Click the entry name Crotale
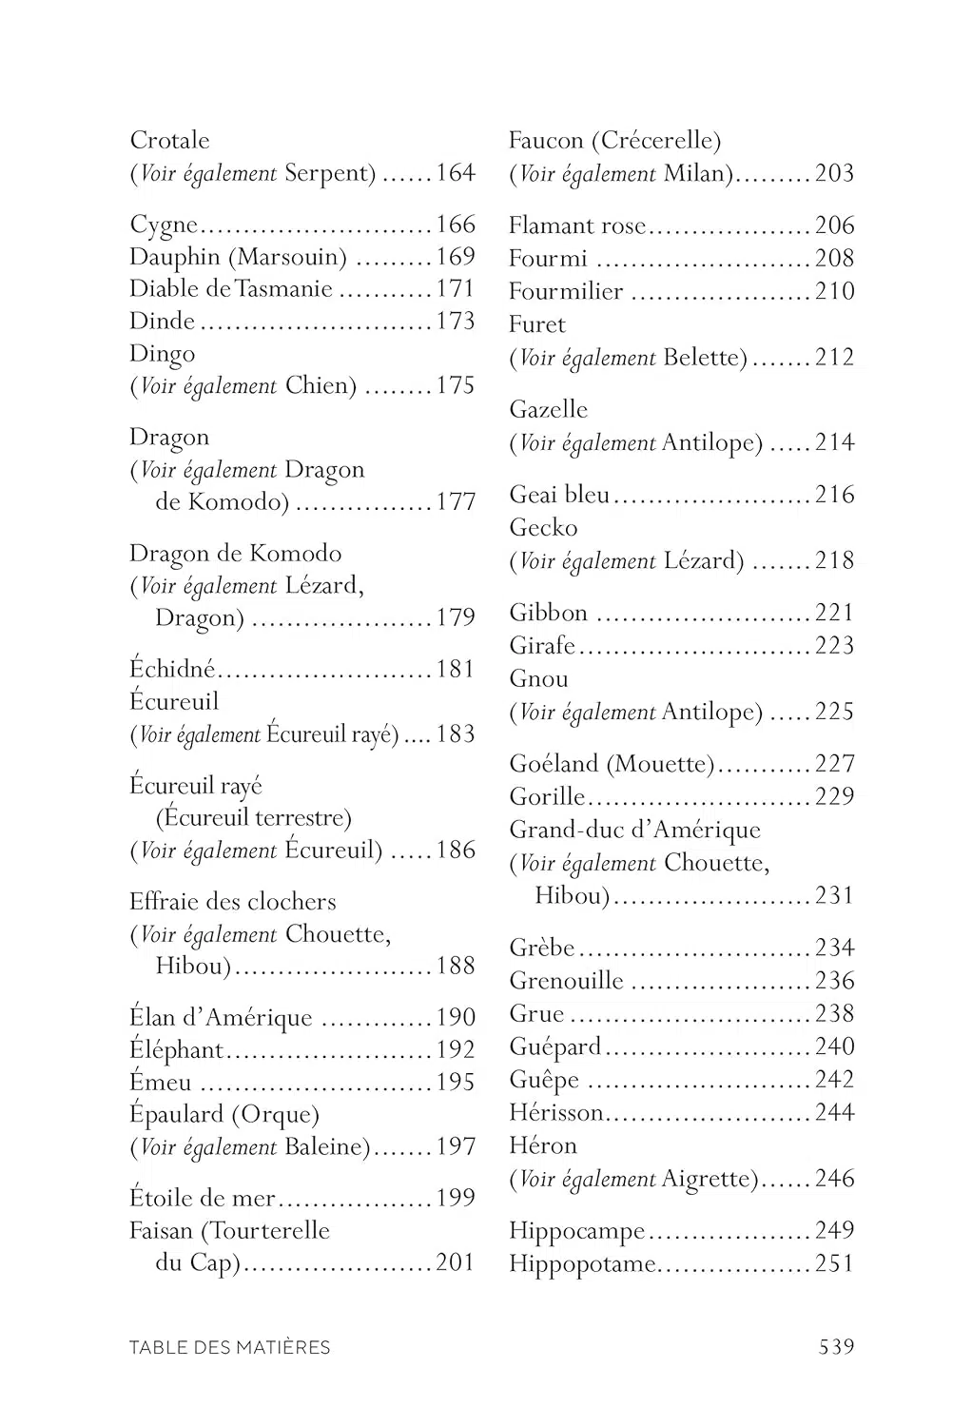169,141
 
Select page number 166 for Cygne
456,225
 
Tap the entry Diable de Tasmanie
231,289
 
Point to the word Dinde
162,322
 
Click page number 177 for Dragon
456,502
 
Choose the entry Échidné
172,670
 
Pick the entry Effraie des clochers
233,902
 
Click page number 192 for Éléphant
456,1050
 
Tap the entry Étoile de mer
203,1199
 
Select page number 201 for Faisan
456,1263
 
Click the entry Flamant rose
576,226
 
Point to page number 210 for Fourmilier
834,292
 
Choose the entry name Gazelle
549,410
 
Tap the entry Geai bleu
559,495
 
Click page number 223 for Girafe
834,646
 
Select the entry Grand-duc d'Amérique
634,830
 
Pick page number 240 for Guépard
834,1047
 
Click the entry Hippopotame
582,1264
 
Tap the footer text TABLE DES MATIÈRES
230,1347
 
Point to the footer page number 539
836,1347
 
